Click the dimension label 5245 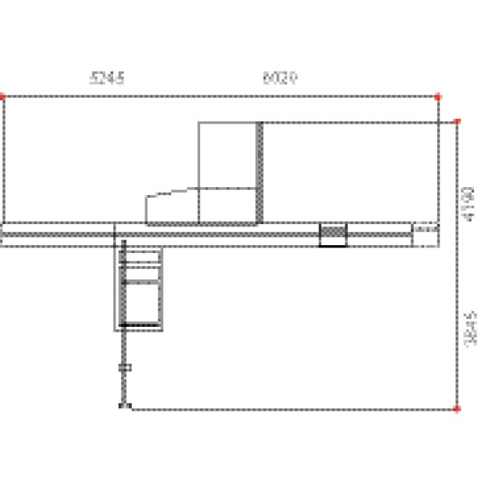(x=107, y=78)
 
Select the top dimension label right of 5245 (x=280, y=78)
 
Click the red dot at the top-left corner (x=3, y=96)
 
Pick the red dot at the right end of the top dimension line (x=439, y=96)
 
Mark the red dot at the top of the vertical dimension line (x=457, y=122)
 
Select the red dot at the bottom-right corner (x=457, y=409)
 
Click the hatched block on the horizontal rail (x=333, y=235)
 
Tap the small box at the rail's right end (x=426, y=235)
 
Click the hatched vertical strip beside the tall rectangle (x=259, y=172)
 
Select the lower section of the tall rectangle (x=227, y=204)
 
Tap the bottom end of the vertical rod (x=123, y=406)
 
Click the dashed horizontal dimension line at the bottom (x=289, y=409)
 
